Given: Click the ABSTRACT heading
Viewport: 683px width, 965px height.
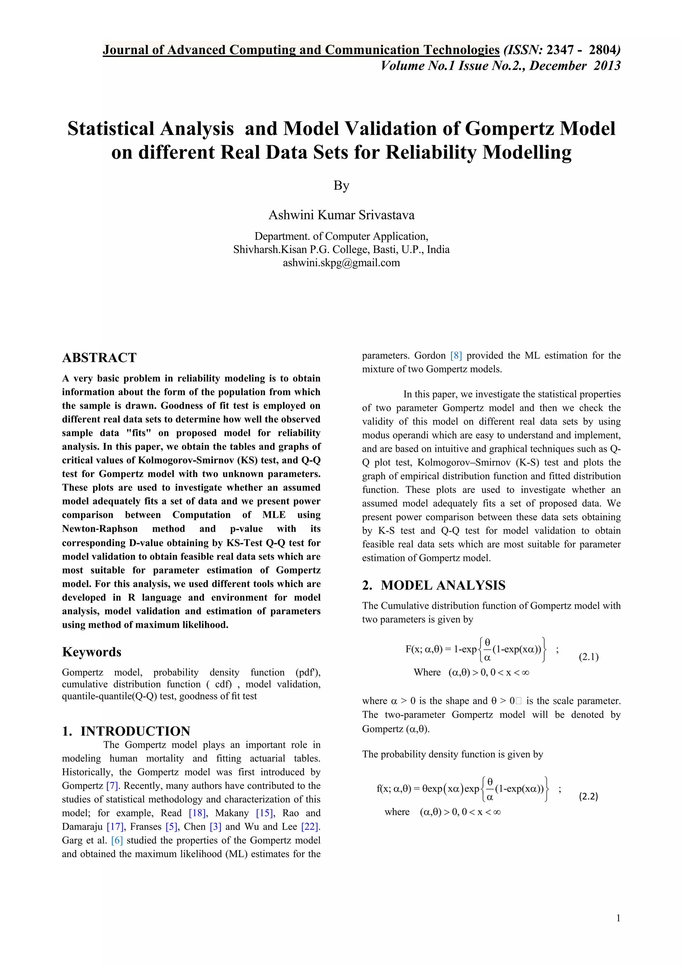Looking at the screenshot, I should tap(99, 358).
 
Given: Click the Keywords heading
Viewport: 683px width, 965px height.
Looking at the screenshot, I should tap(92, 652).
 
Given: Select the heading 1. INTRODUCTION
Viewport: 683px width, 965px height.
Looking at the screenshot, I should tap(126, 731).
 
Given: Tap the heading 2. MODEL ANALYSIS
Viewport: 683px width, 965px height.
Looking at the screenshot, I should tap(434, 585).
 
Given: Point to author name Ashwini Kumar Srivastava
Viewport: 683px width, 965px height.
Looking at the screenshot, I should tap(341, 215).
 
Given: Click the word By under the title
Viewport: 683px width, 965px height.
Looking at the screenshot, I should tap(341, 185).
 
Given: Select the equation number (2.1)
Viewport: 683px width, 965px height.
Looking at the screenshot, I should tap(588, 657).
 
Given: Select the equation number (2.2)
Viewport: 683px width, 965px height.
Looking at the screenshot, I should tap(588, 796).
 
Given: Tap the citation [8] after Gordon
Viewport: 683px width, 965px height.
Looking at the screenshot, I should tap(456, 356).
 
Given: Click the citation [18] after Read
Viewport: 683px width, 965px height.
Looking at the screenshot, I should tap(197, 813).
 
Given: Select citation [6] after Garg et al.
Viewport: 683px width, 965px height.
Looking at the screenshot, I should tap(117, 840).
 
